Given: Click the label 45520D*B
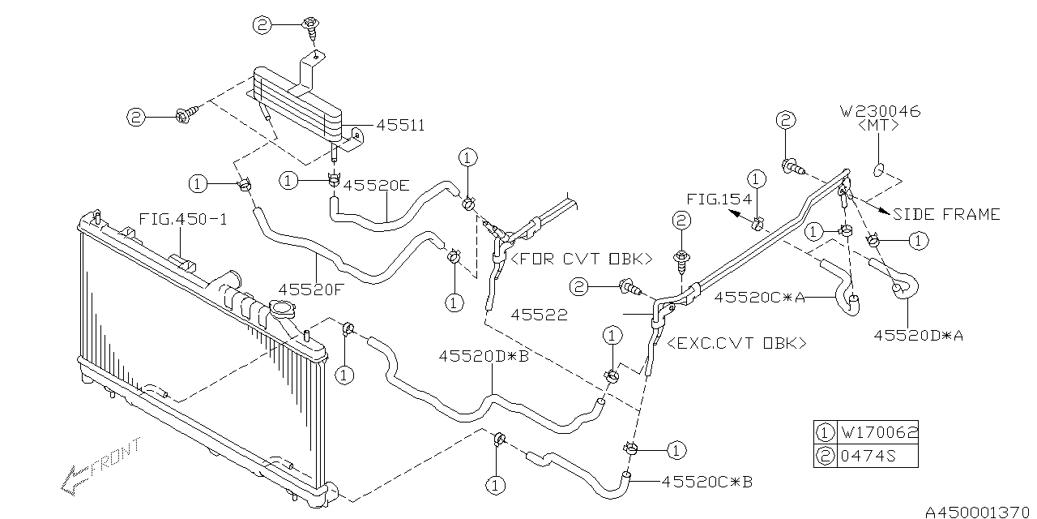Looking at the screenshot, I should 484,355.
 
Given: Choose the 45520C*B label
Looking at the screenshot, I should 707,481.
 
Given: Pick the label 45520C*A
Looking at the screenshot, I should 759,297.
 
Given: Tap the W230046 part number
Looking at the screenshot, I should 881,111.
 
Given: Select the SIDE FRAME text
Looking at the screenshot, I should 946,214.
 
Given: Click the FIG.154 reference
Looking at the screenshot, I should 718,199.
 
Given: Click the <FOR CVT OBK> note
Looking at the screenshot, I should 580,259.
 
